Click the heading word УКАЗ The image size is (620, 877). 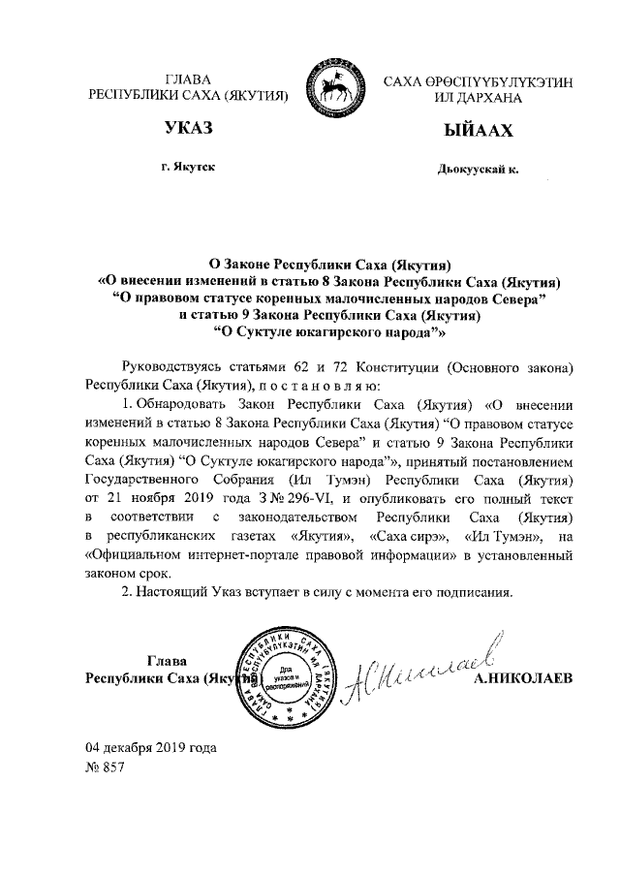(x=188, y=130)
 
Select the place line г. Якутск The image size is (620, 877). (x=188, y=168)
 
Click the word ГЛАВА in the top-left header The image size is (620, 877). (x=188, y=79)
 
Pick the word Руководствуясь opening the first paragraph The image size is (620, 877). (x=171, y=368)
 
